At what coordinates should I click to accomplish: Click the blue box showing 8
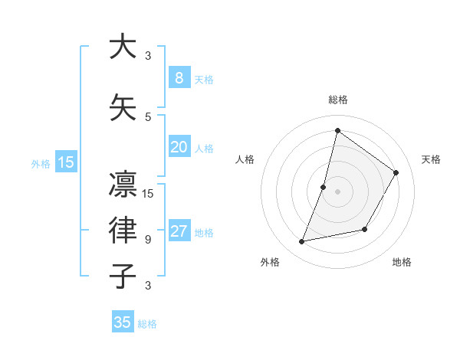point(179,77)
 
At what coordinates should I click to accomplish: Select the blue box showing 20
point(179,147)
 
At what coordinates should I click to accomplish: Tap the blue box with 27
point(179,232)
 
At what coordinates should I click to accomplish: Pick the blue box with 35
point(123,322)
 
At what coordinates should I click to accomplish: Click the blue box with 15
point(66,162)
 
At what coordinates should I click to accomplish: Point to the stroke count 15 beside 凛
point(149,193)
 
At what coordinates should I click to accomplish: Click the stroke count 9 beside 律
point(148,240)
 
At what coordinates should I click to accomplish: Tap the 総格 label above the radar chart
point(337,100)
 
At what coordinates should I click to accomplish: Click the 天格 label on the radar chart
point(431,159)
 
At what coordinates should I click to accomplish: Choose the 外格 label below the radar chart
point(270,262)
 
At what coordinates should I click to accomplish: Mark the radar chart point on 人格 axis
point(324,187)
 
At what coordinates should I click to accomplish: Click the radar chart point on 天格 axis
point(396,172)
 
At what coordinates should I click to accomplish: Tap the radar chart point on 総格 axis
point(337,130)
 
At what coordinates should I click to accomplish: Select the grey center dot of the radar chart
point(337,191)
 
